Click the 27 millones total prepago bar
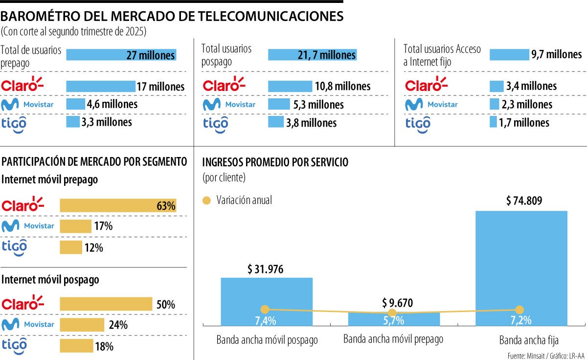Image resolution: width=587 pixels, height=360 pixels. [x=121, y=55]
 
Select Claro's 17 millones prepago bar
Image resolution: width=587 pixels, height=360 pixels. [x=100, y=87]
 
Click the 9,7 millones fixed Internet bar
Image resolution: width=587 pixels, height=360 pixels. [x=509, y=55]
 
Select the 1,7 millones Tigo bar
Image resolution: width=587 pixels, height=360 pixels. [x=493, y=122]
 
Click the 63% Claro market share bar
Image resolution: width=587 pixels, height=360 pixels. [x=117, y=206]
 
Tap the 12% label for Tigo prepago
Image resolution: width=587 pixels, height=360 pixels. [x=93, y=248]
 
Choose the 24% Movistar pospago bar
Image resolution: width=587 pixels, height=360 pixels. [x=82, y=325]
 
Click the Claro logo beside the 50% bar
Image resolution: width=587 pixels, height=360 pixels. [x=23, y=303]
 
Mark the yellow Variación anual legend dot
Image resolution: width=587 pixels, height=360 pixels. [x=206, y=201]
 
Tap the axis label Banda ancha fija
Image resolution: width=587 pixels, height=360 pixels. [x=522, y=340]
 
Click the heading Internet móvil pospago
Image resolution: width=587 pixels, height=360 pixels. [x=50, y=280]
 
